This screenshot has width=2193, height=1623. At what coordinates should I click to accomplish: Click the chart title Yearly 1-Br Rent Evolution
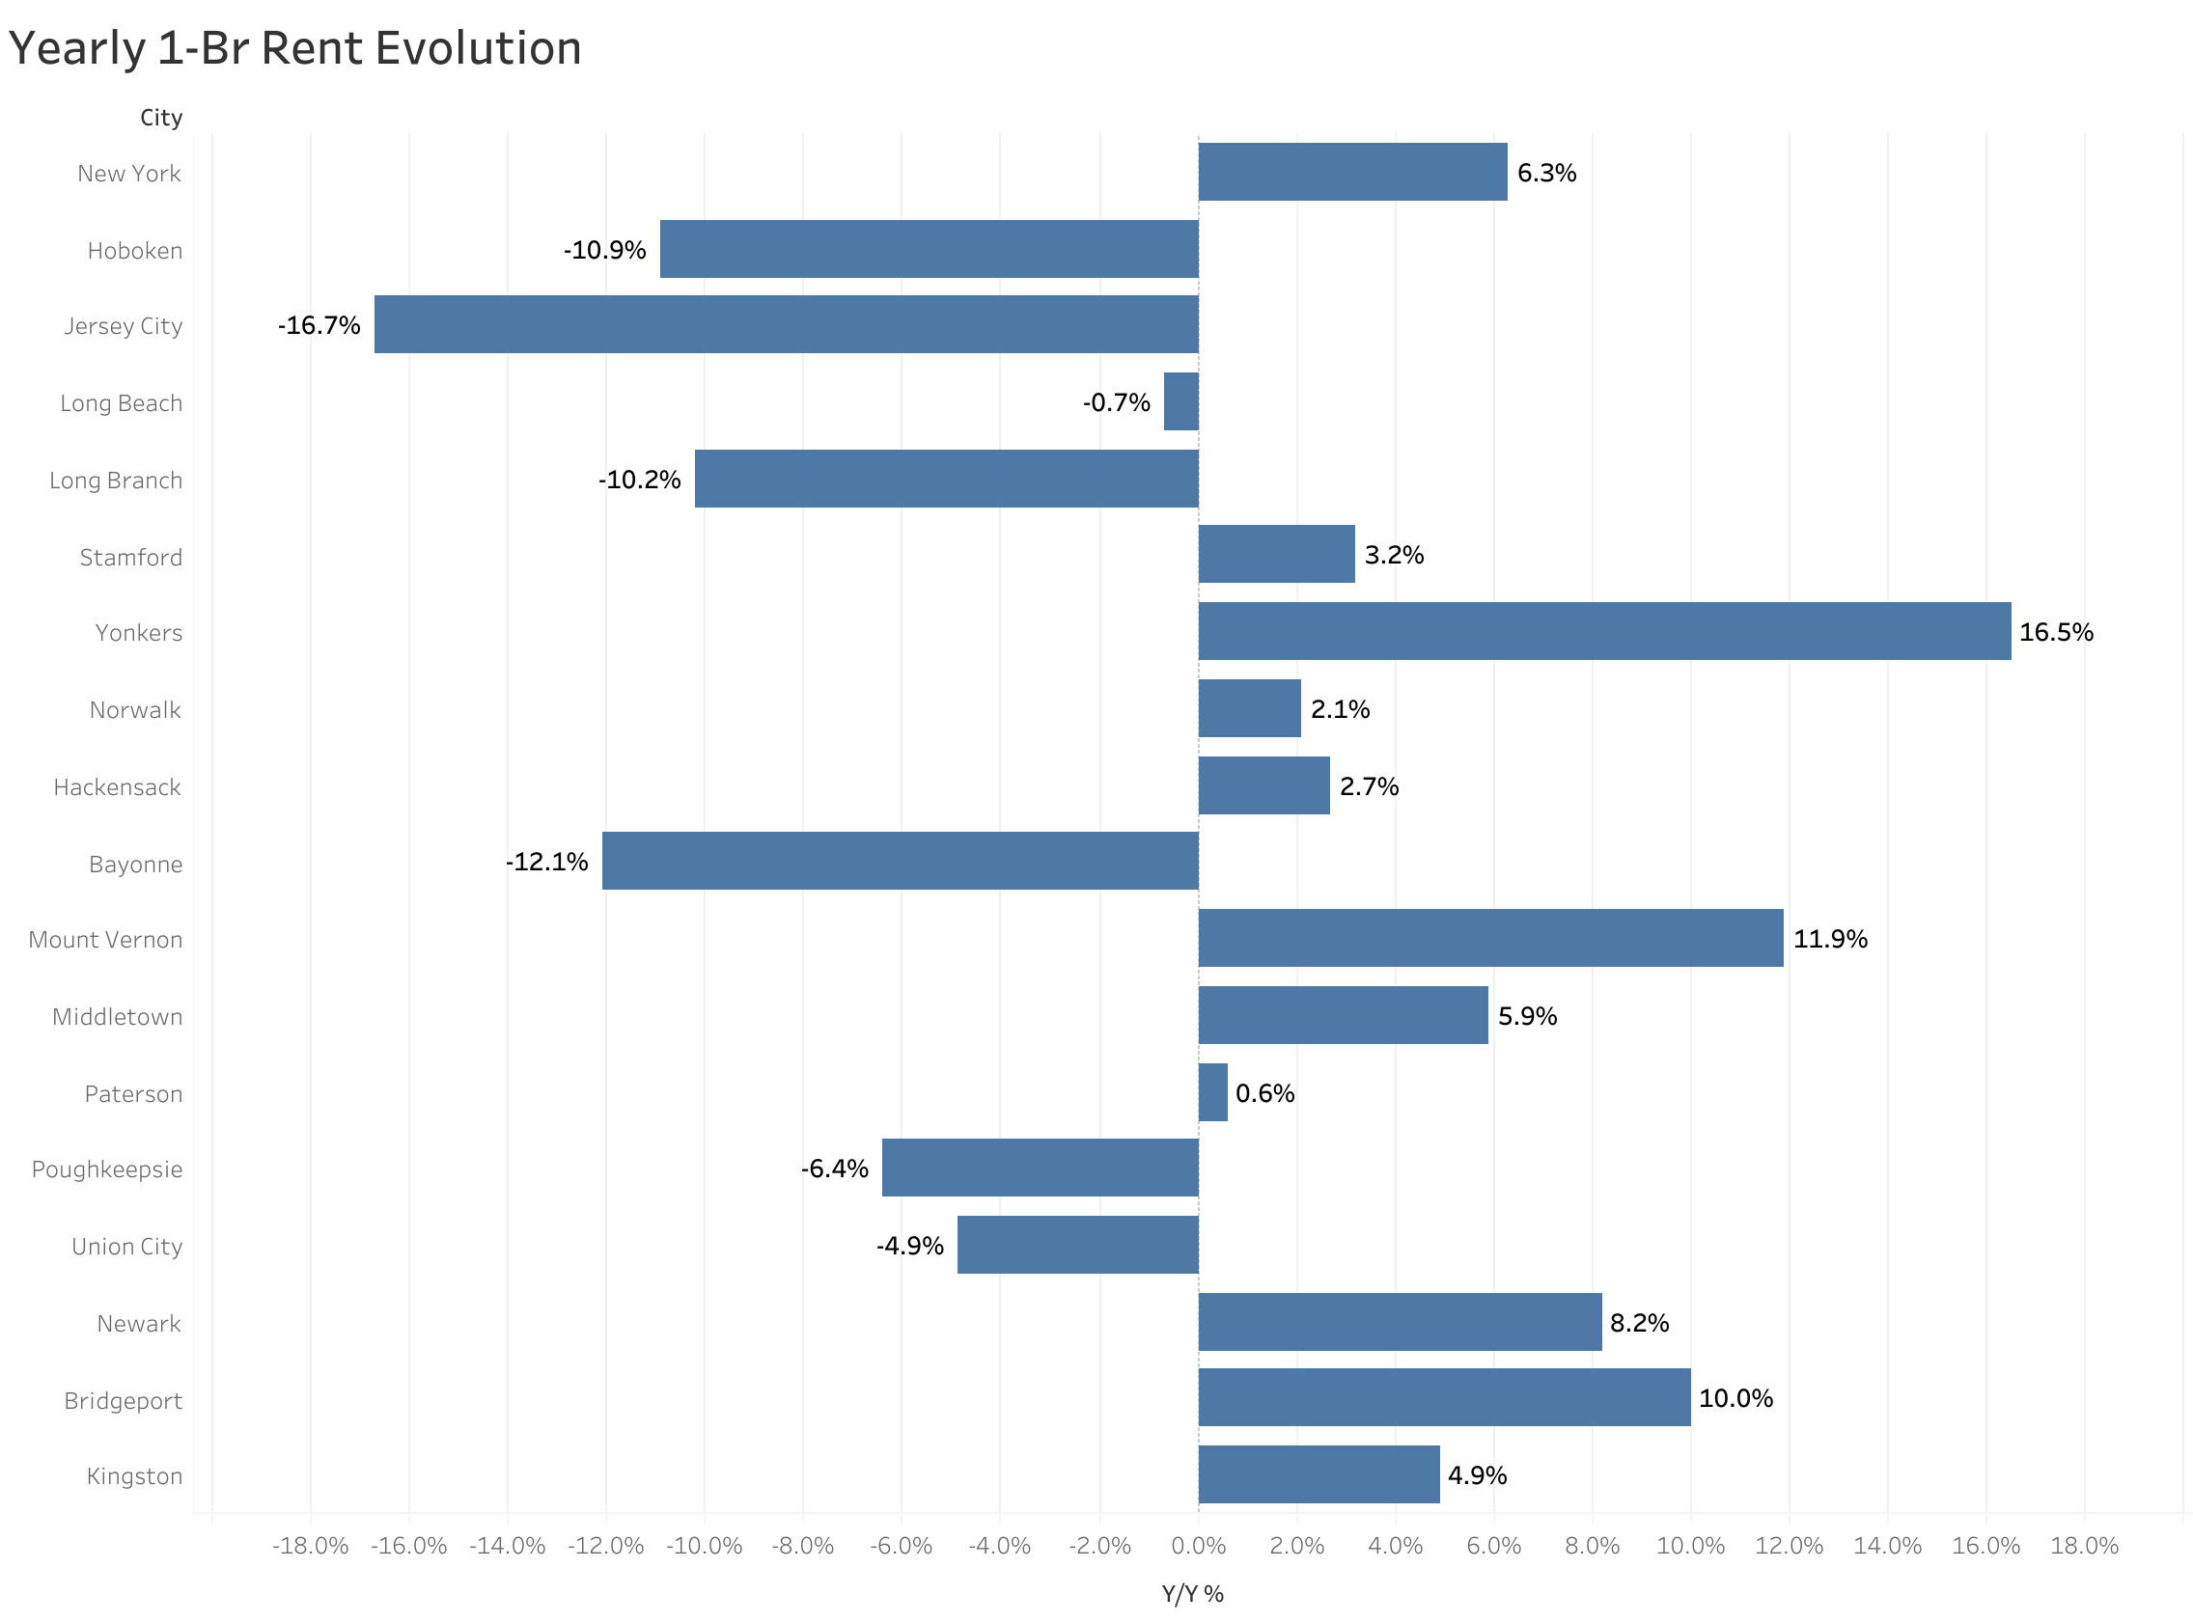[x=294, y=49]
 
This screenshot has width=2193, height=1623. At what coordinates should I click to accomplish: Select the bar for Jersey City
[x=786, y=324]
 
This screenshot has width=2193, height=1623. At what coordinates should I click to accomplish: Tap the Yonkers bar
[x=1604, y=631]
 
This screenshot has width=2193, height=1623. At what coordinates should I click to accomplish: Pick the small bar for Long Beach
[x=1181, y=400]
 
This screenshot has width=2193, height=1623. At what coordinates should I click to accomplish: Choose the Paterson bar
[x=1213, y=1091]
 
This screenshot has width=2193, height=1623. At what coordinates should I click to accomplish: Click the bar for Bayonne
[x=900, y=861]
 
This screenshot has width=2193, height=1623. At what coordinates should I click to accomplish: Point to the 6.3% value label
[x=1546, y=173]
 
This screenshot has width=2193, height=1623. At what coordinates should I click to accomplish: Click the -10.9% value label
[x=604, y=251]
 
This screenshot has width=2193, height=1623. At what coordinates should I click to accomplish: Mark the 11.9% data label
[x=1830, y=939]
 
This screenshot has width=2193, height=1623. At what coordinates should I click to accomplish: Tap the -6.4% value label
[x=834, y=1169]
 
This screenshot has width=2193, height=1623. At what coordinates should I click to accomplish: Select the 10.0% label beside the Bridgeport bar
[x=1736, y=1399]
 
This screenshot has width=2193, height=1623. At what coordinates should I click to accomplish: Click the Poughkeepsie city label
[x=107, y=1170]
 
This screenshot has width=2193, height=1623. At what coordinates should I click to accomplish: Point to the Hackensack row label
[x=117, y=787]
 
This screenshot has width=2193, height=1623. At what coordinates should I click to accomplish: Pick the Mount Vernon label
[x=105, y=940]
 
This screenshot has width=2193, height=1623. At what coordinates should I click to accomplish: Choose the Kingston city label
[x=134, y=1476]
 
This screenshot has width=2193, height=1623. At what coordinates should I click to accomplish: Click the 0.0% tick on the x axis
[x=1199, y=1547]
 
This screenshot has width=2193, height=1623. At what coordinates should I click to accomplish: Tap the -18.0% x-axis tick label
[x=311, y=1547]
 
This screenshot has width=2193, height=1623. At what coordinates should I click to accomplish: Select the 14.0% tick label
[x=1887, y=1547]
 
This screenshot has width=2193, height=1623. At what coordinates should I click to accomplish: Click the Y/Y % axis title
[x=1193, y=1594]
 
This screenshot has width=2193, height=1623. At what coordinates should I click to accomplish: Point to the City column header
[x=161, y=118]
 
